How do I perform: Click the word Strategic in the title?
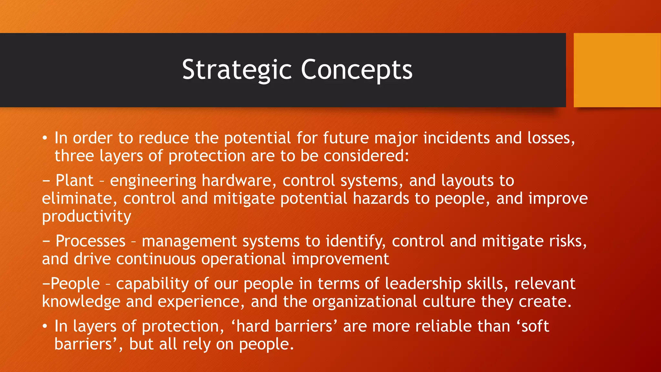[237, 70]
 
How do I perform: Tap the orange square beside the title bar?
[617, 70]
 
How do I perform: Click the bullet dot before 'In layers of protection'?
[45, 327]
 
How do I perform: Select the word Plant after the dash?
[74, 180]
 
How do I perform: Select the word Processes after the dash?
[90, 241]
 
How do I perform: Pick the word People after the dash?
[75, 284]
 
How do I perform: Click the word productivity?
[86, 216]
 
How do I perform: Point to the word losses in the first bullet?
[551, 138]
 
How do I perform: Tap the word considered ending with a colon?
[366, 156]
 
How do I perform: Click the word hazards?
[381, 198]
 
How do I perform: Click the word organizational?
[364, 302]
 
